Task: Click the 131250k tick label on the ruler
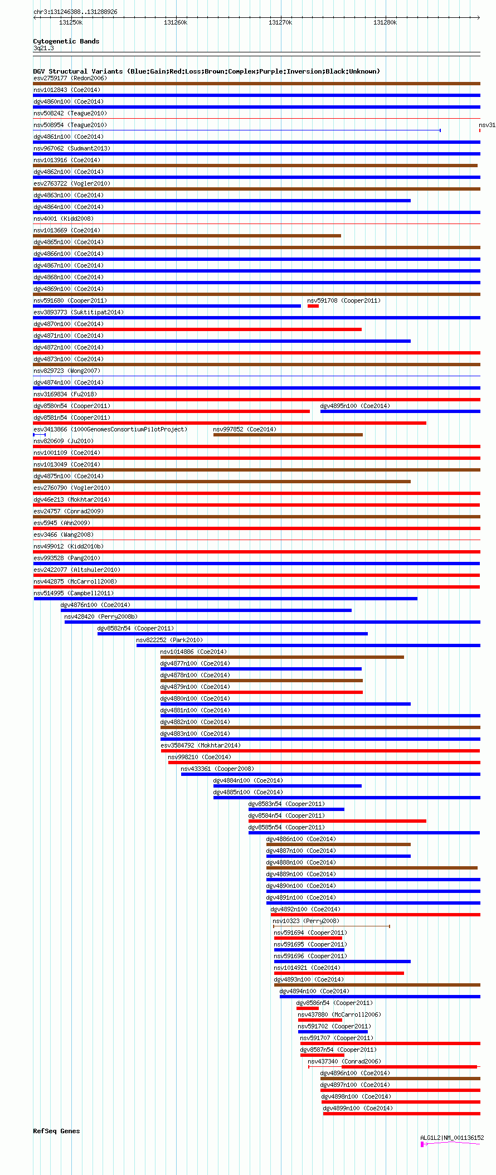pos(71,22)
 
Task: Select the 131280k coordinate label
pos(385,22)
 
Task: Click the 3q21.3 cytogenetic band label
pos(43,48)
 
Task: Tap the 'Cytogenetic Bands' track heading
pos(66,41)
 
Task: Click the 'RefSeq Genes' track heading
pos(56,1131)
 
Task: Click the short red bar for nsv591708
pos(313,306)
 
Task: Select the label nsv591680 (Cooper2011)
pos(70,300)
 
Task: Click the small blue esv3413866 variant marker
pos(39,435)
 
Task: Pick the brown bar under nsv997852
pos(288,435)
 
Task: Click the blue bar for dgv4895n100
pos(400,411)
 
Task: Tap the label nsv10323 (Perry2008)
pos(305,921)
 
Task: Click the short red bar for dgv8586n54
pos(307,1008)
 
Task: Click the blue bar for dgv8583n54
pos(296,809)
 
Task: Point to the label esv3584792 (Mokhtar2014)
pos(201,745)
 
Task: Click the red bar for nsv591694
pos(308,938)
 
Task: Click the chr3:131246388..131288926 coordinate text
pos(75,12)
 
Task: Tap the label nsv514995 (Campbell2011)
pos(73,593)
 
